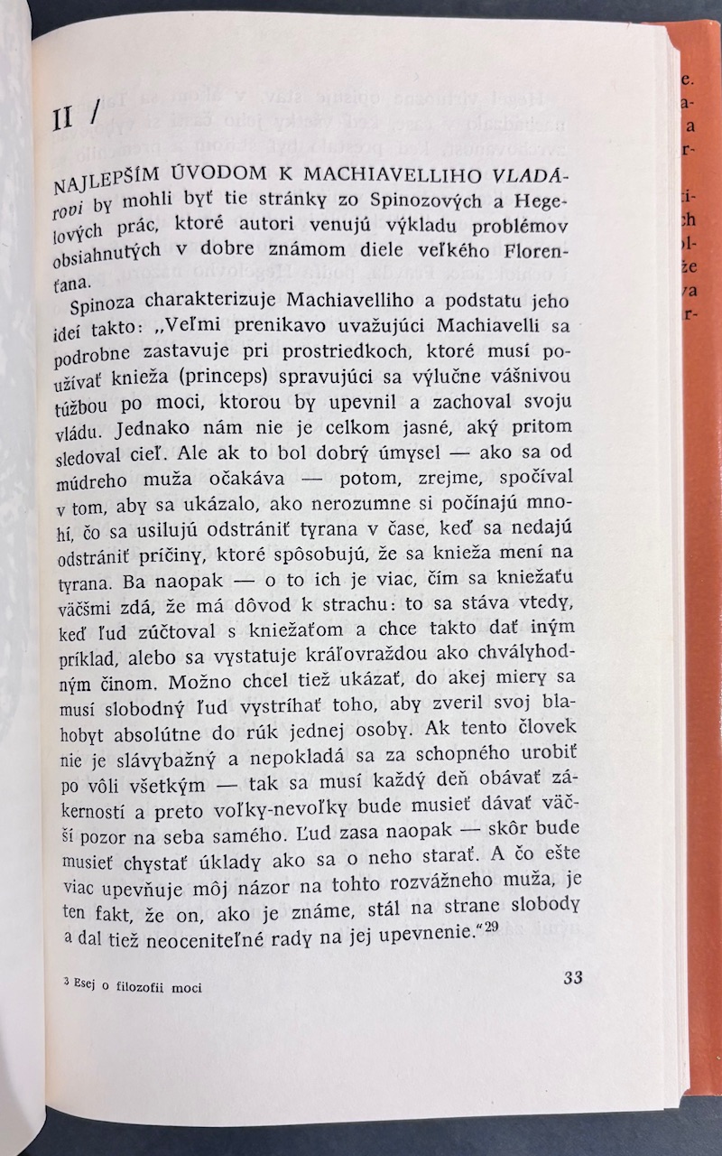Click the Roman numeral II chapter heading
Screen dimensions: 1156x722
[62, 118]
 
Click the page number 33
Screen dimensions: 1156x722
[572, 976]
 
